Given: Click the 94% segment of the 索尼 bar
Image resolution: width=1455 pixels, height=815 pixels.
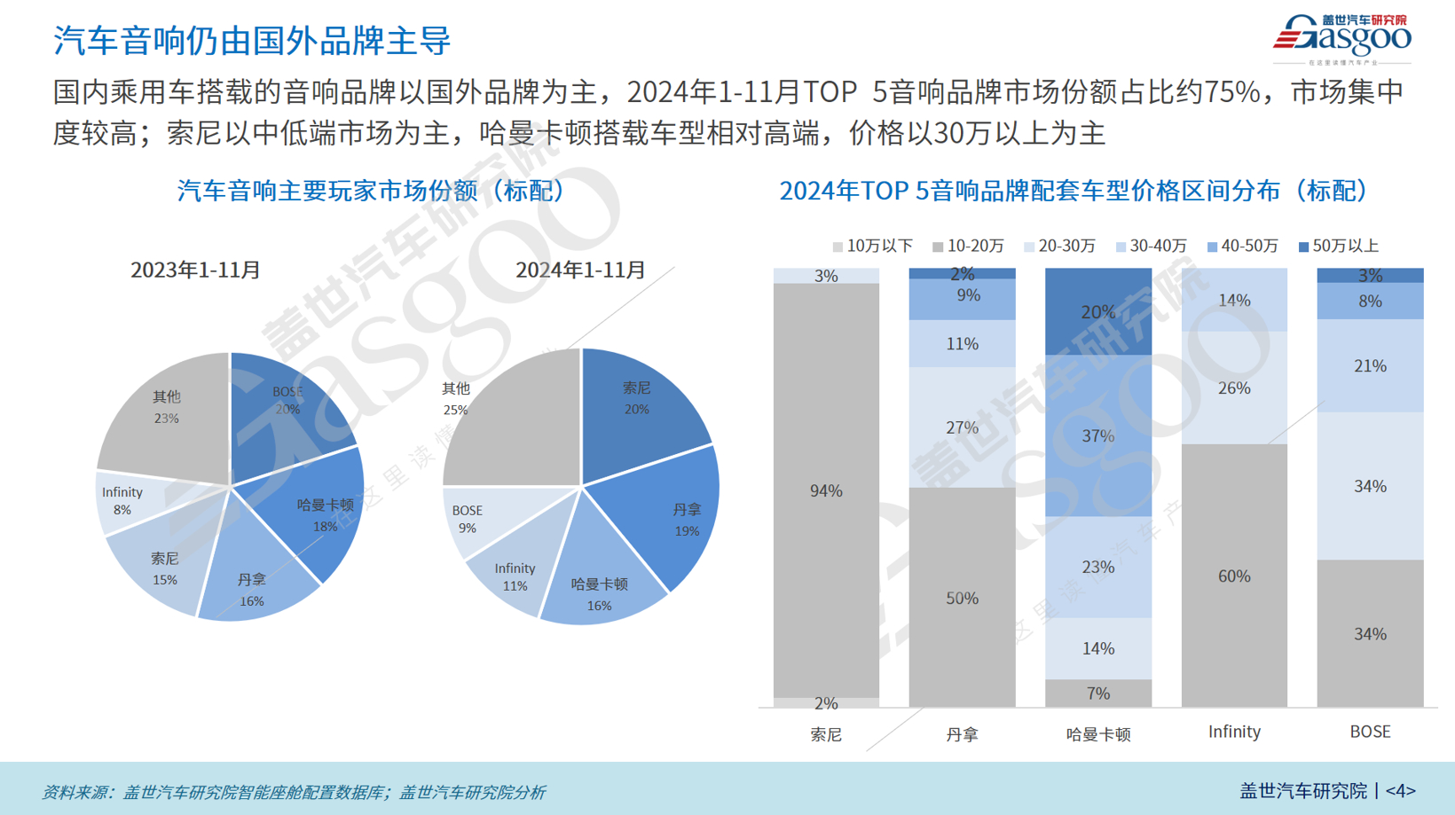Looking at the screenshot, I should [826, 490].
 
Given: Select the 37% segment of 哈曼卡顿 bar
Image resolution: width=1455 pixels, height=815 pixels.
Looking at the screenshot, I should [1098, 435].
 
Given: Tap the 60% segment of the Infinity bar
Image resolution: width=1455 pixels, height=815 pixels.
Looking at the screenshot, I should [1234, 576].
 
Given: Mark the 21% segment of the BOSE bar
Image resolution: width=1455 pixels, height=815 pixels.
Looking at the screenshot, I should [1370, 365].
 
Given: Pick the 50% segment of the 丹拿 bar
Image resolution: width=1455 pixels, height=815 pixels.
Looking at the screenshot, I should [962, 598].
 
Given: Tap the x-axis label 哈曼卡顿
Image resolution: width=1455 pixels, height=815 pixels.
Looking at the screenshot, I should [1098, 733].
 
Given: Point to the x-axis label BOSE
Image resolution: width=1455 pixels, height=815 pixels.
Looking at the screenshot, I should [1370, 732].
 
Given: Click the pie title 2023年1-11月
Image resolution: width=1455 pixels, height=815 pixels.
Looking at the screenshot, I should [195, 270].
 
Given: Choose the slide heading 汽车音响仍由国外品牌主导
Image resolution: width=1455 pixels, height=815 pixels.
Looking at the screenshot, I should [252, 41].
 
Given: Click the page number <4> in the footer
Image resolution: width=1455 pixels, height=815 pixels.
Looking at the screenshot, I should [1400, 790].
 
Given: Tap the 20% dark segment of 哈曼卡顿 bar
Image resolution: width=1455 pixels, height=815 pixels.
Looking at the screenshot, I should [1098, 312].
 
